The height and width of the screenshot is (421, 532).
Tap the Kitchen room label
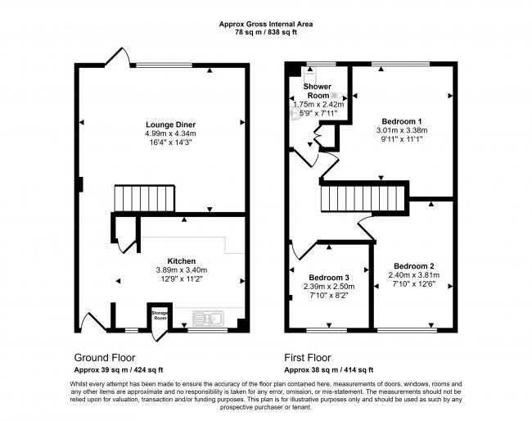point(181,260)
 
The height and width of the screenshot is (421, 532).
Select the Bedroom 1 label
point(402,120)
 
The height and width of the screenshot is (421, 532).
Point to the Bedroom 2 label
point(413,265)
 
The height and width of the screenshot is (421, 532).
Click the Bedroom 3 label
point(330,276)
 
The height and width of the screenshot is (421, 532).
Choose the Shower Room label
point(318,90)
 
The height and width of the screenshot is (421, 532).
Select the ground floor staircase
point(144,197)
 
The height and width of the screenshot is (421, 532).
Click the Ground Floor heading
point(105,358)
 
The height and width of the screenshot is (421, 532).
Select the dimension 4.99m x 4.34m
point(171,133)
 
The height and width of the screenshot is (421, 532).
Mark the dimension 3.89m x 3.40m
point(182,270)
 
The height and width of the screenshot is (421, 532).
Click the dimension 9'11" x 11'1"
point(402,139)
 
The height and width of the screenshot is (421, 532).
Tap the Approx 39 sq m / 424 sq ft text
point(119,369)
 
